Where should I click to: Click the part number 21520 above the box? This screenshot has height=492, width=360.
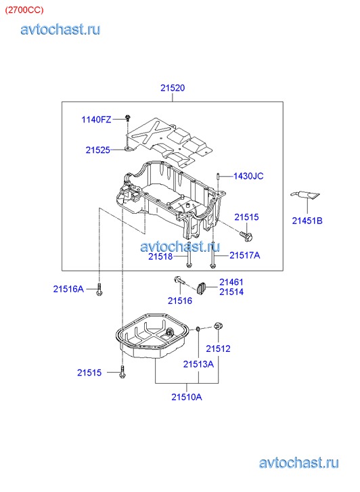coord(173,88)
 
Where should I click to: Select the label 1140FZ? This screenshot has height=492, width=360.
coord(96,120)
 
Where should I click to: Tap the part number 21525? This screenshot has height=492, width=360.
coord(98,150)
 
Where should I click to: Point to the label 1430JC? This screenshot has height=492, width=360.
coord(248,176)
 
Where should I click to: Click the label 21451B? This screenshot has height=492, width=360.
coord(307,221)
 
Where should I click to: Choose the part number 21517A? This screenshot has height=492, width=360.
coord(245,255)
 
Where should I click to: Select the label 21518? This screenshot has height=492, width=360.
coord(160,256)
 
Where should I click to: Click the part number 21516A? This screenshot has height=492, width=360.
coord(68,289)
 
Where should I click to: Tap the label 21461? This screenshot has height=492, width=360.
coord(231,282)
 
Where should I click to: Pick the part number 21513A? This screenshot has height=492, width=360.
coord(198,364)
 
